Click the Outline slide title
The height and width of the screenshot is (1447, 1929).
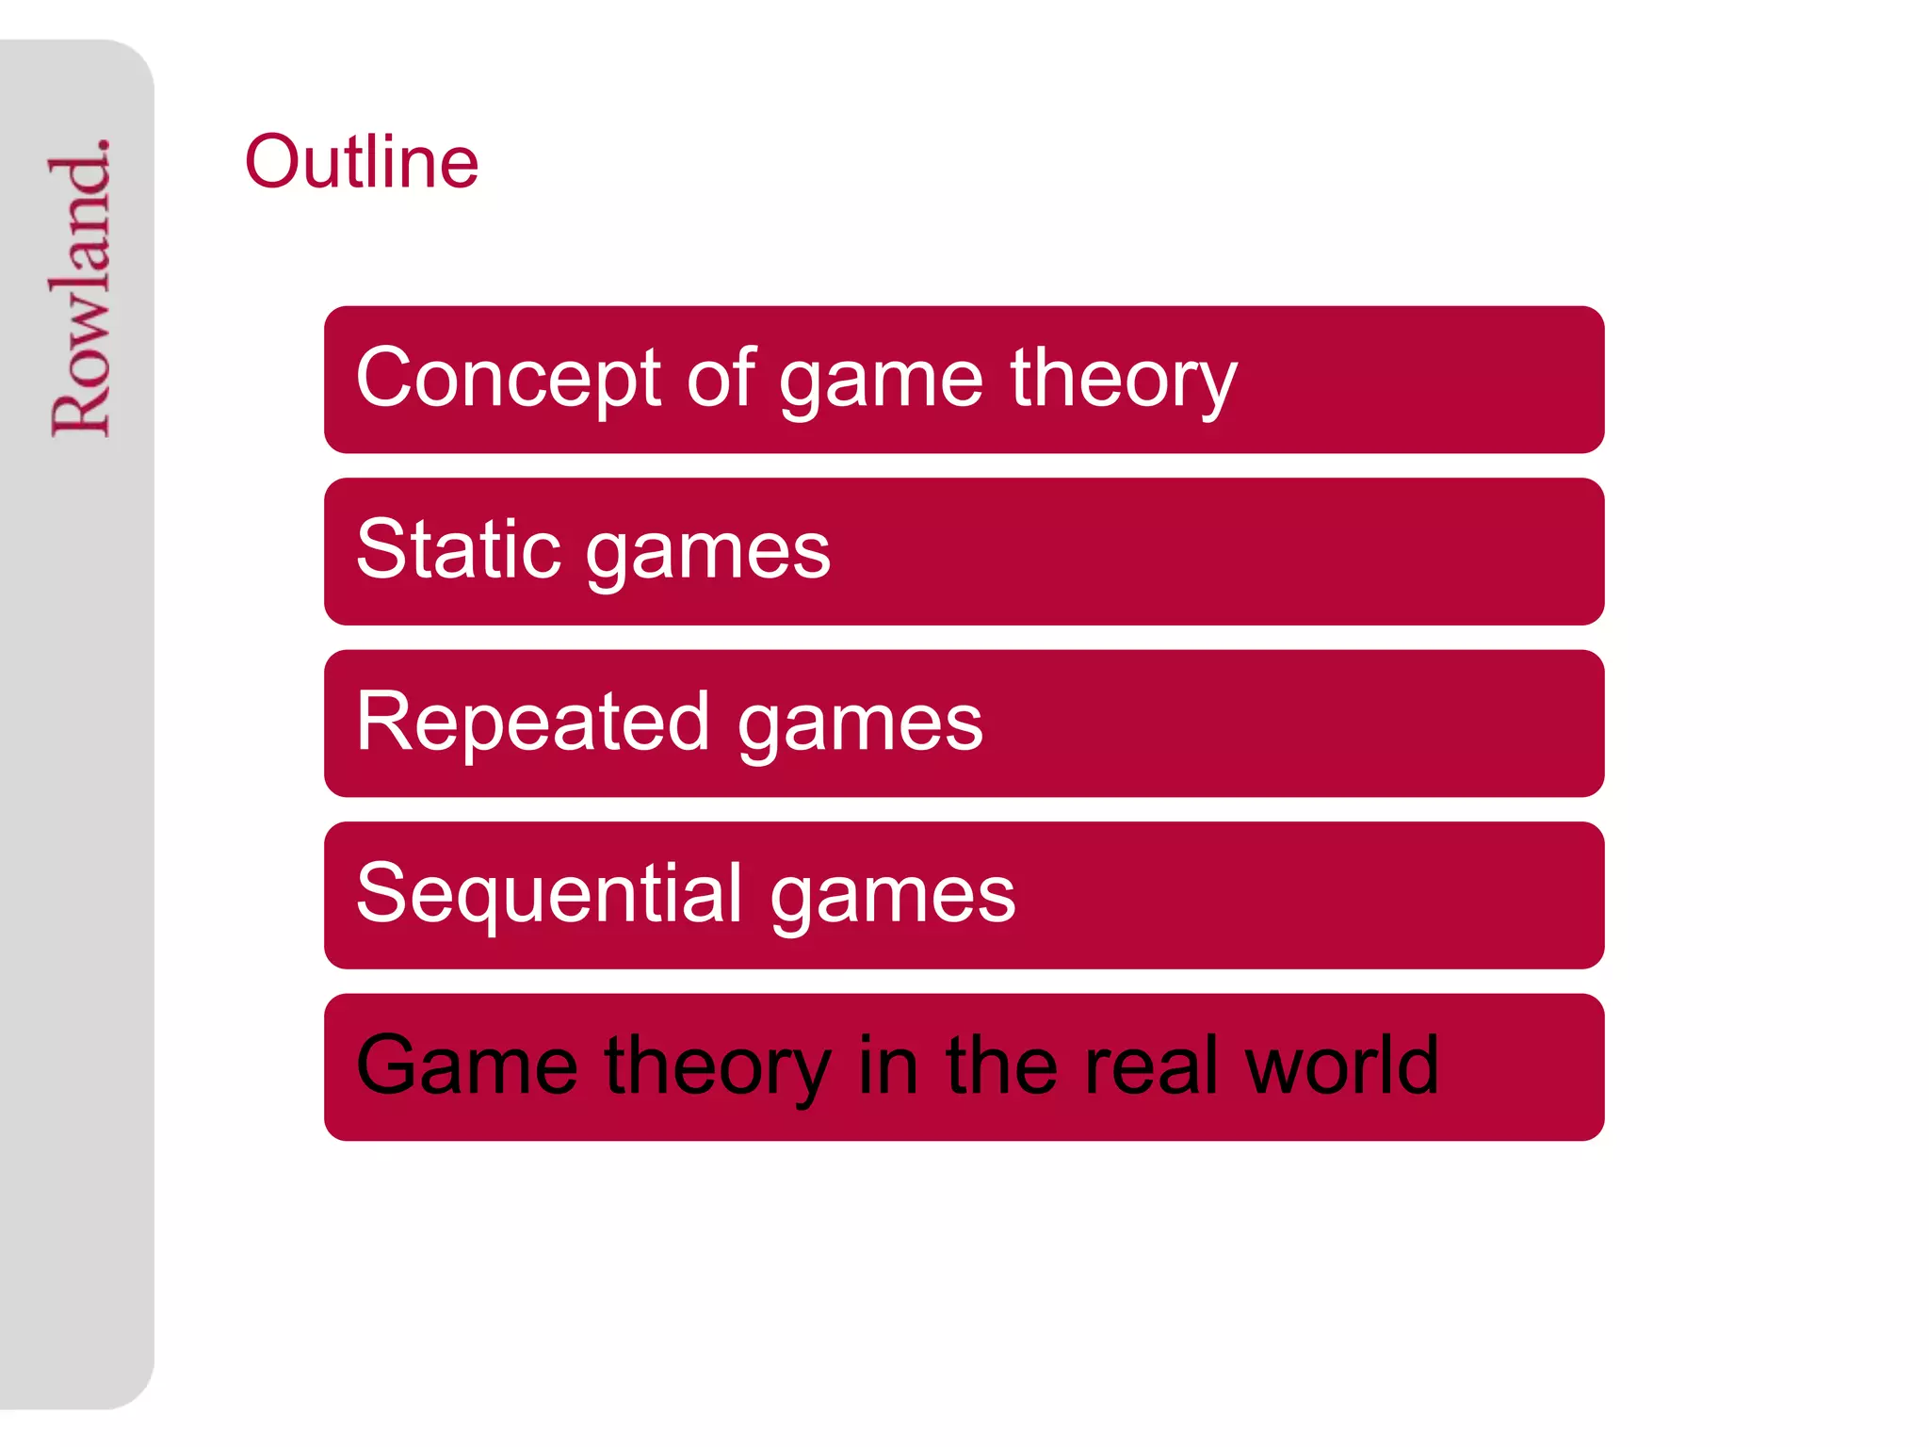pos(362,162)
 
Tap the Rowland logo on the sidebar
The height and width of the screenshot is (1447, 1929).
pos(81,287)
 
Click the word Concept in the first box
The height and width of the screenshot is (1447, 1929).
pos(509,378)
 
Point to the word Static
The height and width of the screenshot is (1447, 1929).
pos(458,549)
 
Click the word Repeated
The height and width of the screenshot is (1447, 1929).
pos(533,722)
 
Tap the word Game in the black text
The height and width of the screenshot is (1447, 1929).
pos(467,1065)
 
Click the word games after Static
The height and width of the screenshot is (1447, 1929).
pos(708,554)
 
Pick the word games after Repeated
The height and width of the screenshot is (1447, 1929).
pos(860,726)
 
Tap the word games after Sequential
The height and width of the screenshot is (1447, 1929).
pos(893,898)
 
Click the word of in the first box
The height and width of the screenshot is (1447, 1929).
pos(721,378)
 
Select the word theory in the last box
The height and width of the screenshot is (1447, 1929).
pos(718,1069)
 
